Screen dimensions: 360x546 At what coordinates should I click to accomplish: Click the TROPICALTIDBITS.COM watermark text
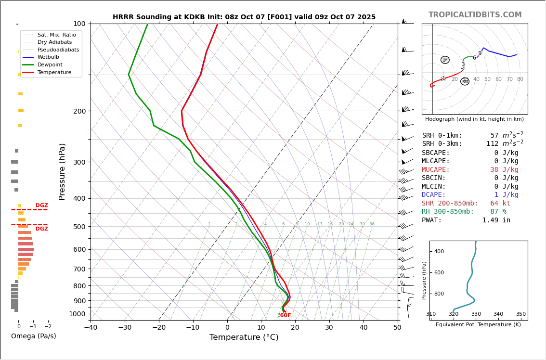click(475, 15)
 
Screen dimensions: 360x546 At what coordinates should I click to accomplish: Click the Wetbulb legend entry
click(48, 57)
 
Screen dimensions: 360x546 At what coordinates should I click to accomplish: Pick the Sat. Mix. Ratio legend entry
click(56, 35)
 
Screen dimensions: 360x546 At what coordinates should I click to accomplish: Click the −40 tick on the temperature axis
click(91, 328)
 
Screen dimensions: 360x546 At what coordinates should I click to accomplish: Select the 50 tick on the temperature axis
click(397, 328)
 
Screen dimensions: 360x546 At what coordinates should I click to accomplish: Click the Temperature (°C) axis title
click(244, 337)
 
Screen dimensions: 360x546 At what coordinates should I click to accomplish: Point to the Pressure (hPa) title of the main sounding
click(62, 171)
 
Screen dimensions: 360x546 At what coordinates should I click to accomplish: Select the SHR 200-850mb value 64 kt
click(504, 204)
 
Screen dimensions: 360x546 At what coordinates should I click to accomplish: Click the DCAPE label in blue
click(434, 195)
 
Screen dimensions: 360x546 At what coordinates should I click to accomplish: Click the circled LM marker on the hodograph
click(445, 60)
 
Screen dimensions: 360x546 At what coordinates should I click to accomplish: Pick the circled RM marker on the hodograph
click(465, 82)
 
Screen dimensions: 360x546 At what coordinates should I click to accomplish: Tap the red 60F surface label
click(285, 316)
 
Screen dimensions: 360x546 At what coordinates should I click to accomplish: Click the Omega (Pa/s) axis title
click(33, 336)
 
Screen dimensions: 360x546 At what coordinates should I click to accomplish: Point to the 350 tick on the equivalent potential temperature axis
click(520, 314)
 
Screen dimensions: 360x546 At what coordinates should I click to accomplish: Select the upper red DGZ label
click(41, 206)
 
